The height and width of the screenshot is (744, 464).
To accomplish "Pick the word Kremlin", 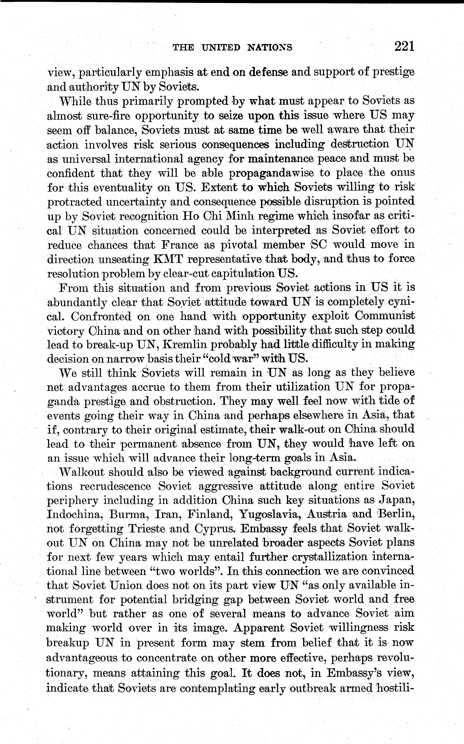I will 185,344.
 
